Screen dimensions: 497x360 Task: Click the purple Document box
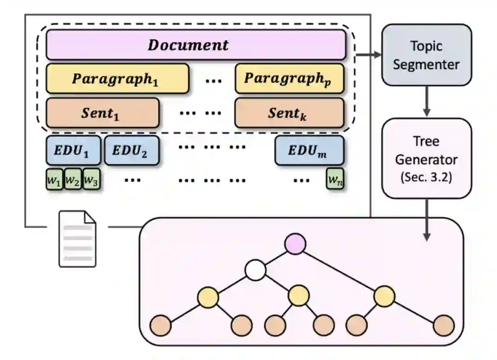(196, 45)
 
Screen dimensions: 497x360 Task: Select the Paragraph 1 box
(117, 79)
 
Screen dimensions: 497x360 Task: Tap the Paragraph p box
(289, 79)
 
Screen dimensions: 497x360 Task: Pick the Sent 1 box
(103, 113)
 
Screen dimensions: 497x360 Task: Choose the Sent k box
(289, 113)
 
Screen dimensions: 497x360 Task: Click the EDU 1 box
(74, 150)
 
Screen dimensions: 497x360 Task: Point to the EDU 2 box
(132, 150)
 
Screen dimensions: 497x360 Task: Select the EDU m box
(309, 150)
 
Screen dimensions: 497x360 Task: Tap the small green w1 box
(54, 179)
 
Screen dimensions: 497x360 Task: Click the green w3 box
(91, 179)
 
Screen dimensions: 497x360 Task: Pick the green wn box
(335, 179)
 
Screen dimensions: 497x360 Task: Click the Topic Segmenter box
(427, 55)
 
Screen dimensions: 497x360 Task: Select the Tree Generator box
(427, 158)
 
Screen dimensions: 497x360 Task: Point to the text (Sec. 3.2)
(426, 177)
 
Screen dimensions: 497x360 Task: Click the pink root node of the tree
(295, 244)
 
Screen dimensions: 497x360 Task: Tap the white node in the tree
(255, 270)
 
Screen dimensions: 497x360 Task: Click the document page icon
(77, 239)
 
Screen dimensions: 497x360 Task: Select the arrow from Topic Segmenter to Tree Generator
(427, 101)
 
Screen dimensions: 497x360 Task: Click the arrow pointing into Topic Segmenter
(369, 54)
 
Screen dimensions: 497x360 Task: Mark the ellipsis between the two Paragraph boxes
(214, 81)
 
